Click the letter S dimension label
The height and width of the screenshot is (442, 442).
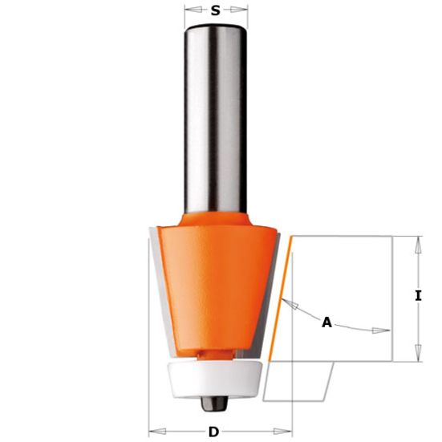(x=216, y=10)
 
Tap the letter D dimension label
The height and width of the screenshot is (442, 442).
(x=213, y=432)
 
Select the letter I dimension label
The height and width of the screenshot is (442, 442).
(x=418, y=296)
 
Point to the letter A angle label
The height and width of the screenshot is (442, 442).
(x=326, y=322)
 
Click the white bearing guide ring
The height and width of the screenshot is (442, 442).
(x=216, y=379)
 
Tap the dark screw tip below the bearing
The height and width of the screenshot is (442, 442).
(x=214, y=403)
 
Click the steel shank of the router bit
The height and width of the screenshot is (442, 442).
(x=216, y=119)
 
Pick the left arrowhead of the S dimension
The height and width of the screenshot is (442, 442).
(x=193, y=10)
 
